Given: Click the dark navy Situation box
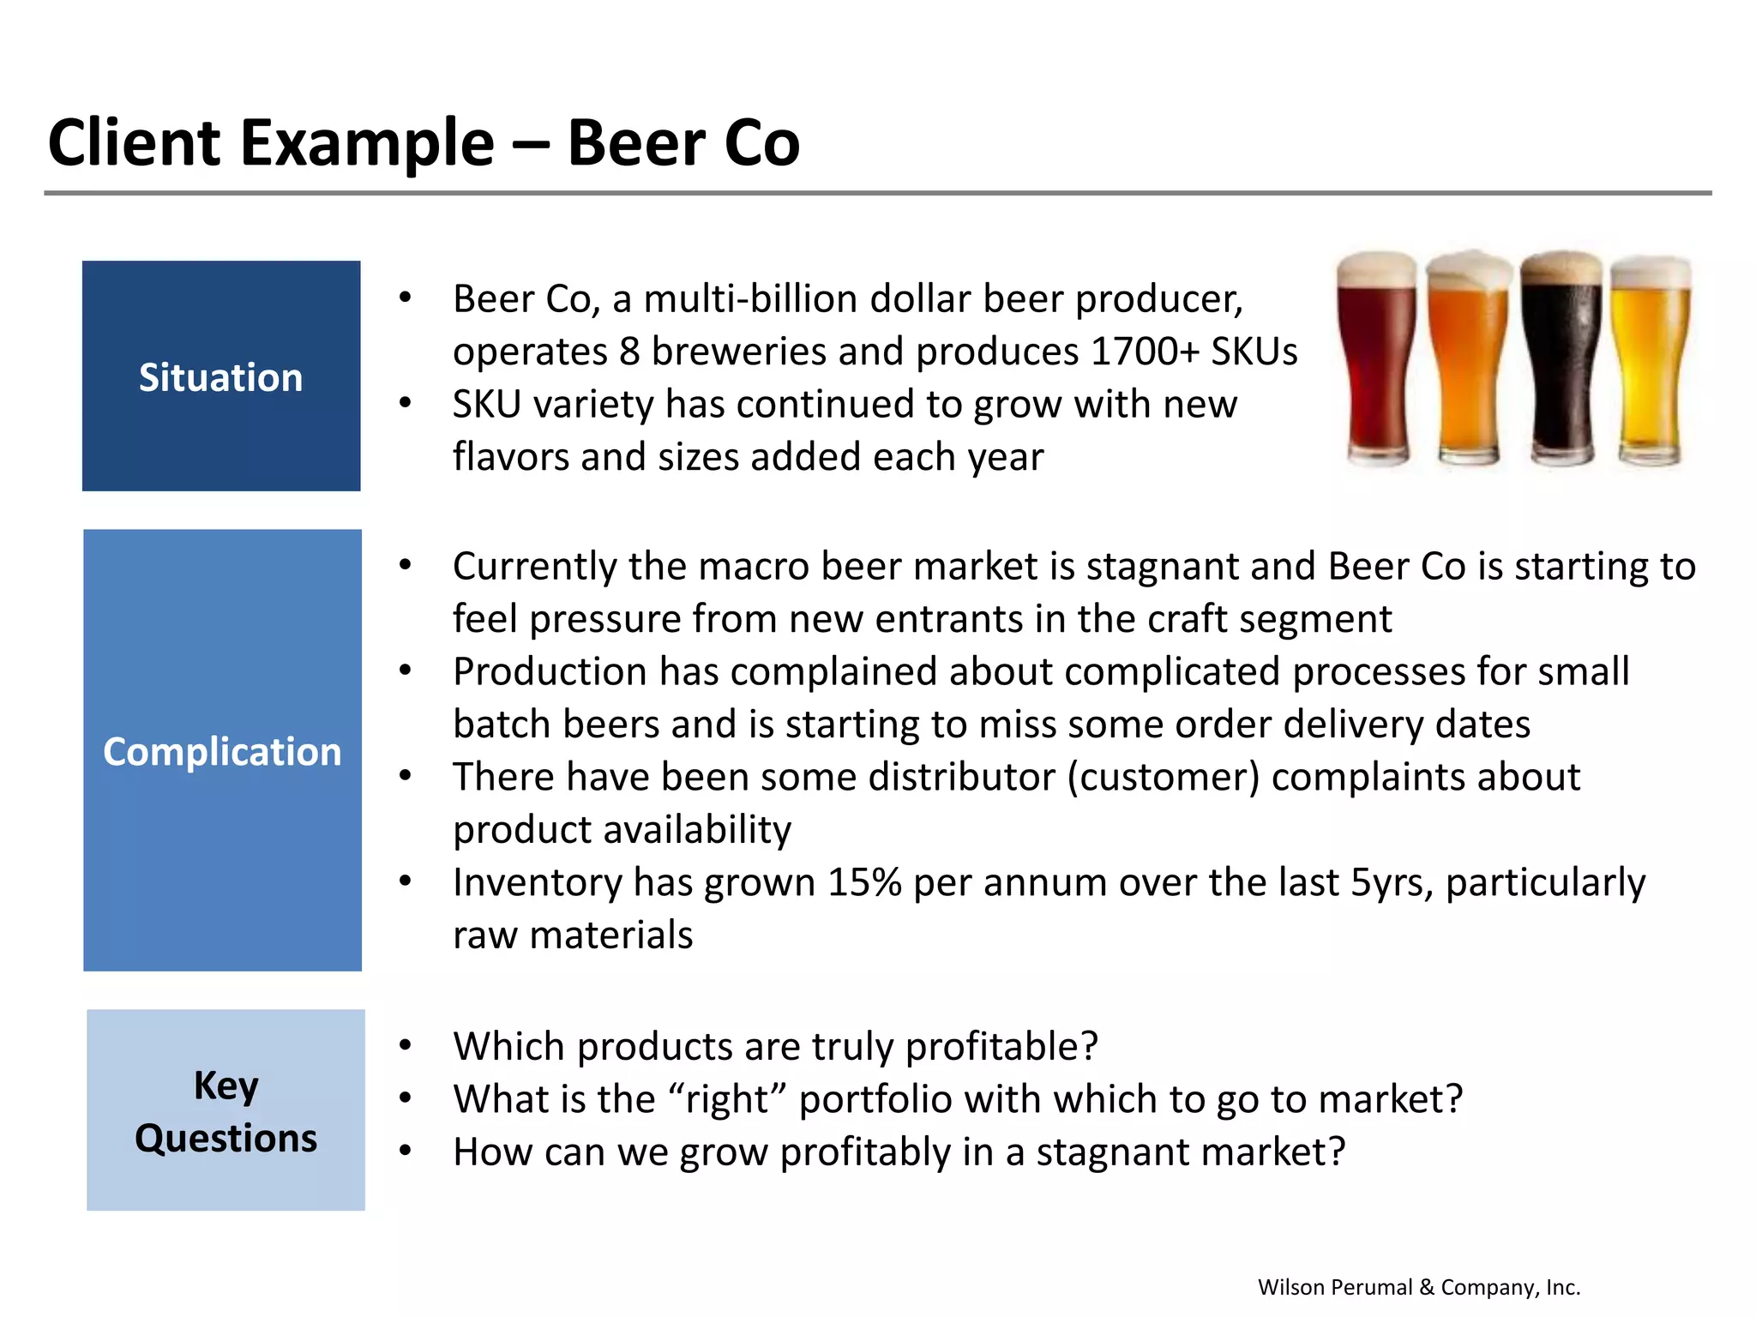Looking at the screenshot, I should [x=220, y=376].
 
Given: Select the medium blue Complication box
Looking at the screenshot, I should [x=222, y=749].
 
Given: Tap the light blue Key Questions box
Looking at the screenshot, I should [x=226, y=1110].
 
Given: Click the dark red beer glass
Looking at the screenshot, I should [x=1376, y=360].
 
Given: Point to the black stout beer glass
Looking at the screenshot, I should [x=1561, y=360].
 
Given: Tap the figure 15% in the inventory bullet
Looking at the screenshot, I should [x=863, y=882].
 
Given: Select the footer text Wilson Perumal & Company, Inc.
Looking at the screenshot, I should [x=1418, y=1287].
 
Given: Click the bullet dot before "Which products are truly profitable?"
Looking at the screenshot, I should [x=406, y=1045].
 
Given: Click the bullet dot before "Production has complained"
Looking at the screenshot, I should [x=406, y=671].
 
